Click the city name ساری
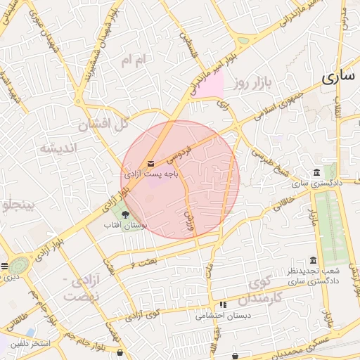338,79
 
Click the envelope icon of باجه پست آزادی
153,162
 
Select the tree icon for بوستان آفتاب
126,215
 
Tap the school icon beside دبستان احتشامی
223,306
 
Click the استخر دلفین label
30,344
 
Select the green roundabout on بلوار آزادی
18,264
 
